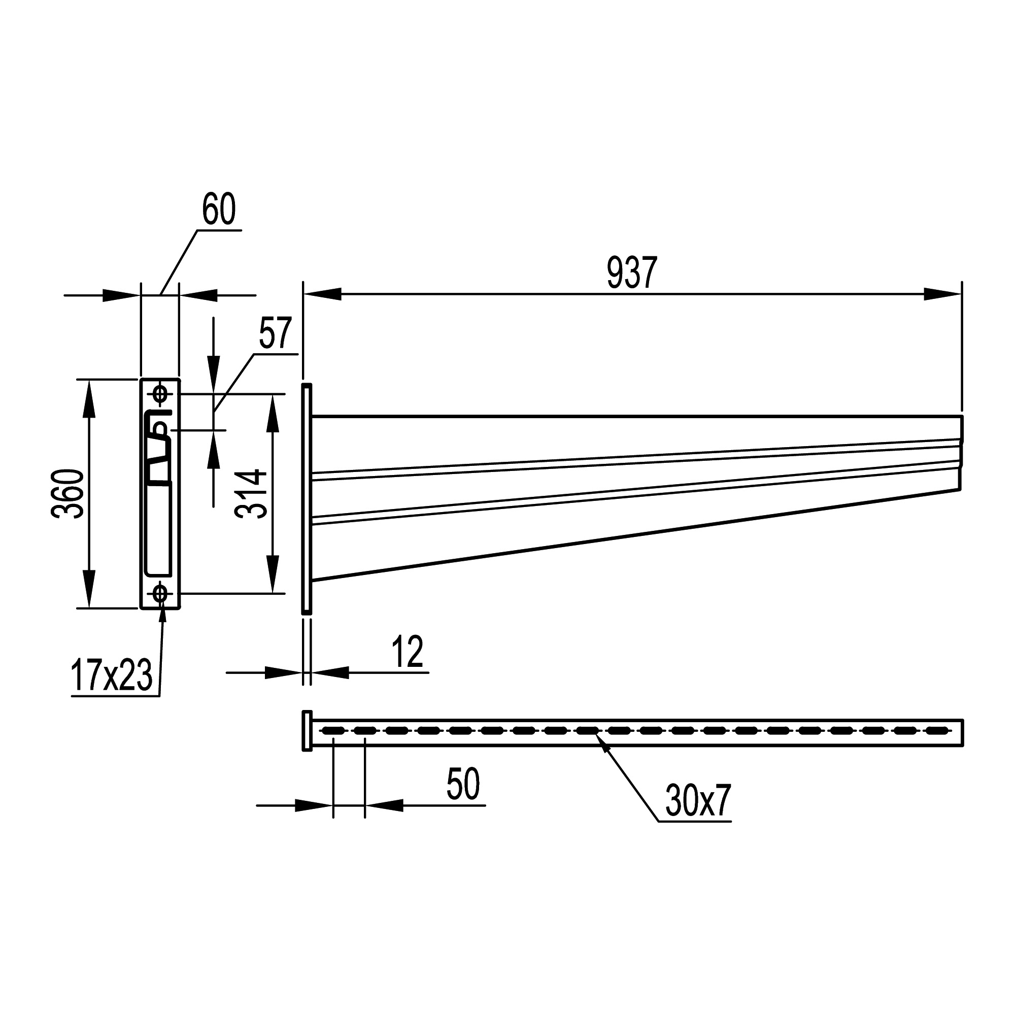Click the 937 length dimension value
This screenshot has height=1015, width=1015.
pyautogui.click(x=631, y=273)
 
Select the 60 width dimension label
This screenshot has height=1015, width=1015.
pyautogui.click(x=219, y=209)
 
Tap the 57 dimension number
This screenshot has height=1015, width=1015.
pyautogui.click(x=275, y=332)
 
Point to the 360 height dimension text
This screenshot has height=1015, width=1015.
pyautogui.click(x=68, y=493)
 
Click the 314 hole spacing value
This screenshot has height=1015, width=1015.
pyautogui.click(x=251, y=493)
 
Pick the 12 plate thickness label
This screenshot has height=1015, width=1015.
pyautogui.click(x=408, y=652)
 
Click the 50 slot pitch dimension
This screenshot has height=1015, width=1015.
pyautogui.click(x=463, y=784)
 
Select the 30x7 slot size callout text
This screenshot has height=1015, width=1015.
pyautogui.click(x=698, y=800)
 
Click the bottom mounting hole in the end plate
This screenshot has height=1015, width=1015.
pyautogui.click(x=160, y=594)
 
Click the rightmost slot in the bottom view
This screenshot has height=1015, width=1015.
pyautogui.click(x=938, y=730)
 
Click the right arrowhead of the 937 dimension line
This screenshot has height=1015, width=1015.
pyautogui.click(x=942, y=294)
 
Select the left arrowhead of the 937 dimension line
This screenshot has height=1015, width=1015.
pyautogui.click(x=323, y=294)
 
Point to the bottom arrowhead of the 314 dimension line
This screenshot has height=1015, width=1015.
pyautogui.click(x=273, y=575)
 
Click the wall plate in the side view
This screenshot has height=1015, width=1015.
pyautogui.click(x=307, y=498)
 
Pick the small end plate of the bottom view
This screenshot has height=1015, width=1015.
pyautogui.click(x=307, y=731)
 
